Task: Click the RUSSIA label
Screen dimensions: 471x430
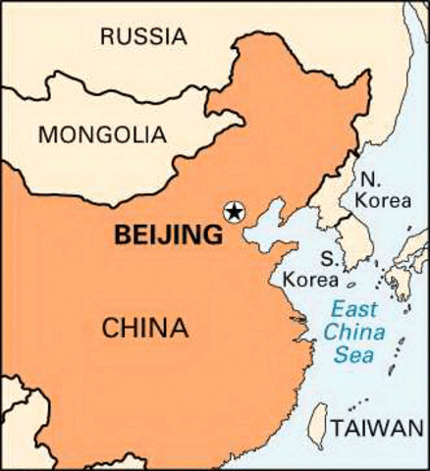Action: pyautogui.click(x=142, y=37)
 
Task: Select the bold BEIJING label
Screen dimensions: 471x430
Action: pyautogui.click(x=168, y=235)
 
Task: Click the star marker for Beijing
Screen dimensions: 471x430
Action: pyautogui.click(x=234, y=210)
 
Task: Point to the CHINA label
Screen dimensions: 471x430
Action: pyautogui.click(x=144, y=327)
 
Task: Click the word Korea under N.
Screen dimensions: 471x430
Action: pyautogui.click(x=376, y=199)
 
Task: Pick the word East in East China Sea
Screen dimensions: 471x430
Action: pyautogui.click(x=350, y=306)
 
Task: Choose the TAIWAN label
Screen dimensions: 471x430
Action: pyautogui.click(x=378, y=429)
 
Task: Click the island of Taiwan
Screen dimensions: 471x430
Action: pyautogui.click(x=317, y=424)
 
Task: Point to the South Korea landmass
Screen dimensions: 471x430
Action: pyautogui.click(x=349, y=240)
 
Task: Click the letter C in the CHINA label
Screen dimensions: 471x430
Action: pyautogui.click(x=109, y=327)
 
